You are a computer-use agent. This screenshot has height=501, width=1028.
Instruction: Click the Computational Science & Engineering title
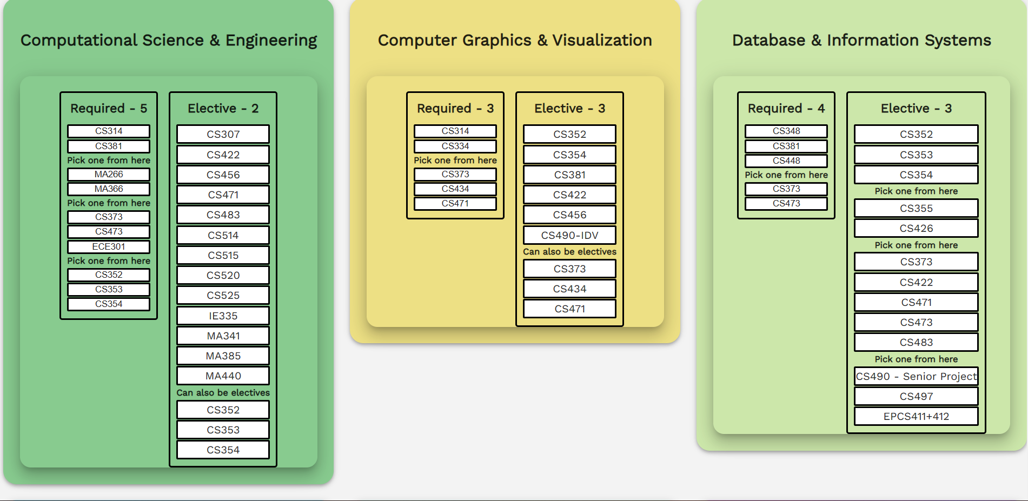click(x=169, y=41)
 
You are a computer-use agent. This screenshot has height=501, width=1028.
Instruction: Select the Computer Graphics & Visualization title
click(x=515, y=41)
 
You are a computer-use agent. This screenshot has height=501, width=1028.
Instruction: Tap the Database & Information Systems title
click(x=861, y=41)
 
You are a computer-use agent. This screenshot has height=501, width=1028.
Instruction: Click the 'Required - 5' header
click(x=109, y=109)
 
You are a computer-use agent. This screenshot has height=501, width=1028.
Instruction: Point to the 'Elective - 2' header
click(x=223, y=109)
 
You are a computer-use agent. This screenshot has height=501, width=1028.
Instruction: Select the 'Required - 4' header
click(x=786, y=109)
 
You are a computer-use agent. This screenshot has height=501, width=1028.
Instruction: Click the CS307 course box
click(x=223, y=134)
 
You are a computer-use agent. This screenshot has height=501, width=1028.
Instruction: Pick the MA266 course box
click(x=109, y=174)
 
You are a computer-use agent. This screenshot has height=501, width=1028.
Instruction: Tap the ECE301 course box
click(x=109, y=246)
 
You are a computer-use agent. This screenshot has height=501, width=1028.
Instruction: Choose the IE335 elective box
click(x=223, y=316)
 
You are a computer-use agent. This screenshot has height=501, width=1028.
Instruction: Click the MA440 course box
click(x=223, y=376)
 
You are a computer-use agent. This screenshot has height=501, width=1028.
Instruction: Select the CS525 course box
click(x=223, y=295)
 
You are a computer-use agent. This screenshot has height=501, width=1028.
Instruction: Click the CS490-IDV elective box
click(x=569, y=235)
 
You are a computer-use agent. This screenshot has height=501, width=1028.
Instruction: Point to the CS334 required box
click(x=455, y=146)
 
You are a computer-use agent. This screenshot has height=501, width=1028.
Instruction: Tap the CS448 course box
click(x=786, y=161)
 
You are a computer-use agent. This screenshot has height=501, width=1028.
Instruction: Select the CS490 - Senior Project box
click(x=916, y=376)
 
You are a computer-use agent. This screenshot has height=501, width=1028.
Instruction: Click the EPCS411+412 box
click(x=916, y=416)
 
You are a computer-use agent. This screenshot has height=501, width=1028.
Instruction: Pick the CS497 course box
click(x=916, y=396)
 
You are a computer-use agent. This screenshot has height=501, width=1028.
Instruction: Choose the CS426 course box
click(x=916, y=228)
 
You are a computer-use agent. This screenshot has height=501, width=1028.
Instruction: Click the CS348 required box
click(x=786, y=131)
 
